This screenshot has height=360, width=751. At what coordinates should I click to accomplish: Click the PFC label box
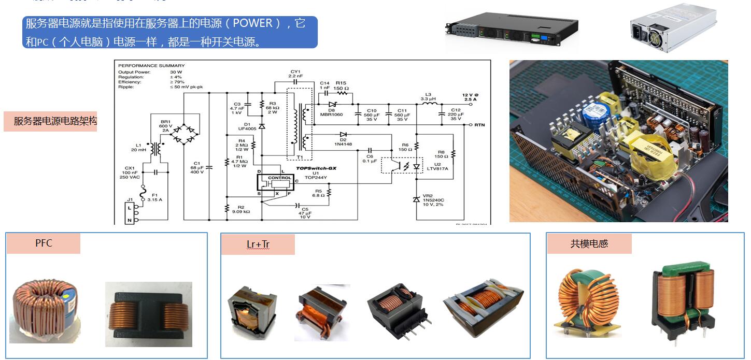click(x=44, y=243)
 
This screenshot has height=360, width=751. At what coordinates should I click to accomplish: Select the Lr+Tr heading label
click(x=258, y=244)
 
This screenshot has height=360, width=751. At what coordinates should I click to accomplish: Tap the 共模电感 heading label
click(x=589, y=243)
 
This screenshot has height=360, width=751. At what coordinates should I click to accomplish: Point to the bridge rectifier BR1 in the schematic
click(x=185, y=132)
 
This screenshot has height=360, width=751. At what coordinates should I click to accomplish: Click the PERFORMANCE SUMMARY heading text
click(x=151, y=66)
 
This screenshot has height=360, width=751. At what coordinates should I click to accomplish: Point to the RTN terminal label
click(x=478, y=125)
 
